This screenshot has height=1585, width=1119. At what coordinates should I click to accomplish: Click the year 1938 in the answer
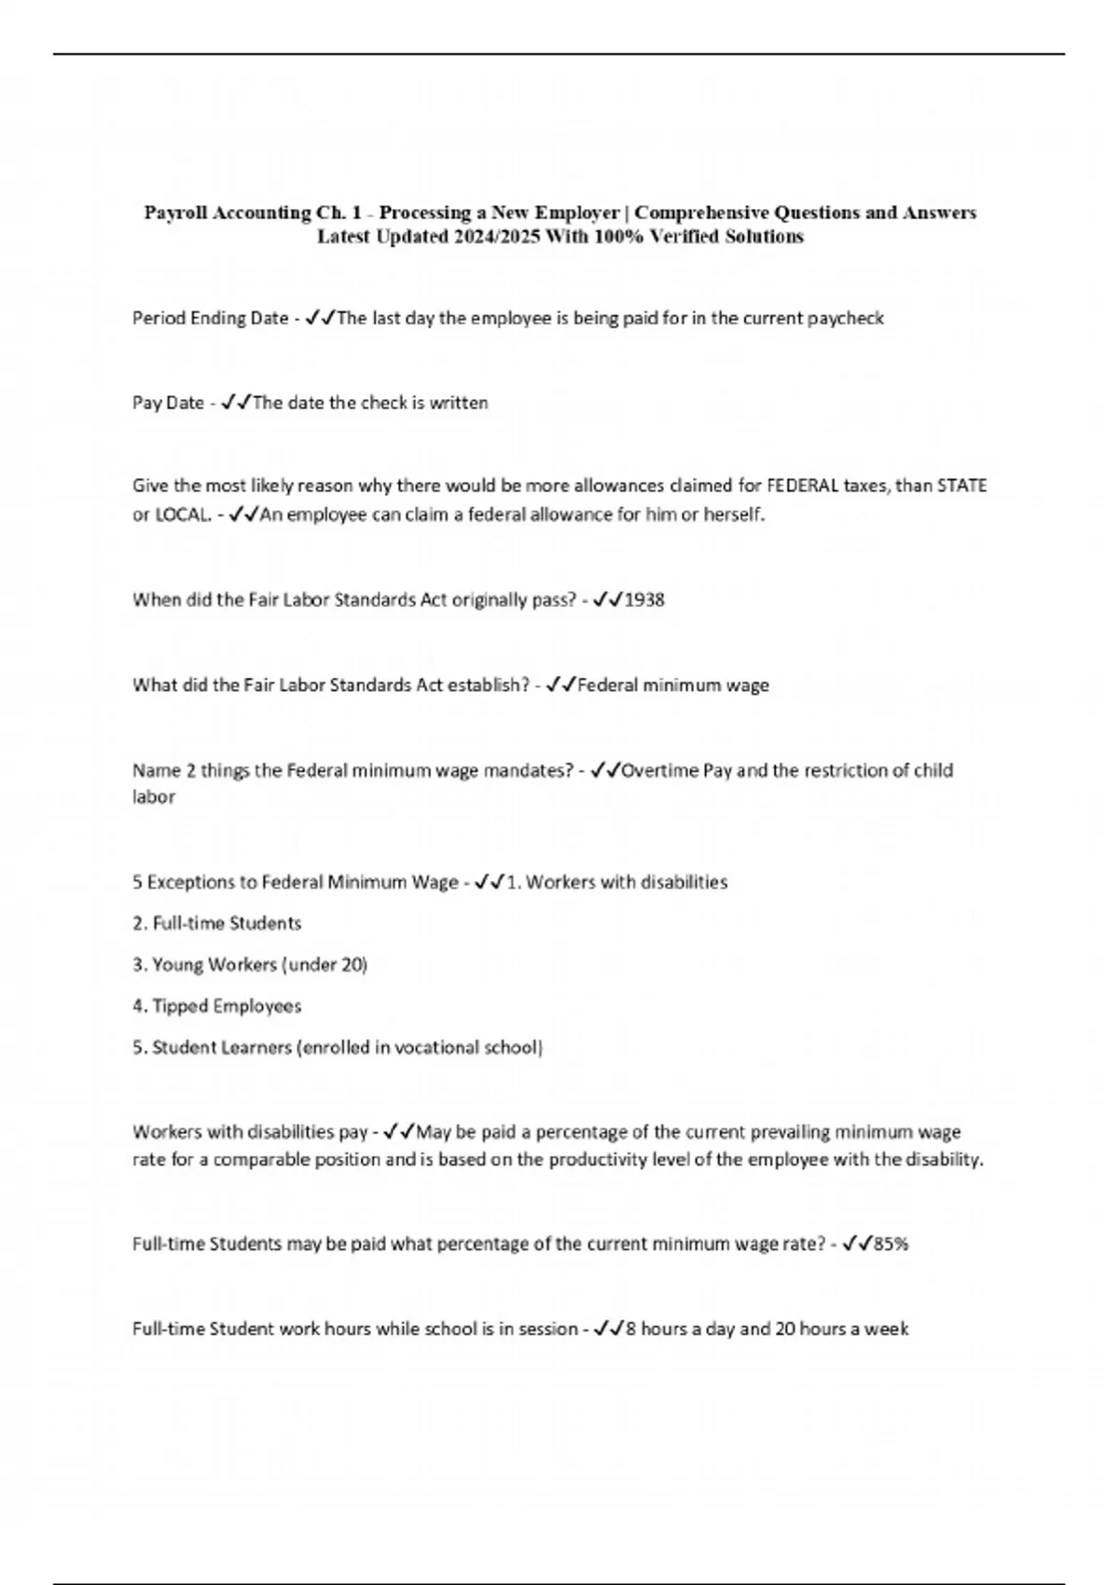click(x=644, y=600)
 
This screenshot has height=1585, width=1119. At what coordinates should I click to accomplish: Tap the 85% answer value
click(x=890, y=1243)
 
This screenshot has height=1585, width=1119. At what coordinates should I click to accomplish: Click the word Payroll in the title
click(x=174, y=213)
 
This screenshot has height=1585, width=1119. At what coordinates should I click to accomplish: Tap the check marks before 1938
click(x=607, y=600)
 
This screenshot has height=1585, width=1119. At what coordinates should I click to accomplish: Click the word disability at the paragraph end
click(x=944, y=1160)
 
